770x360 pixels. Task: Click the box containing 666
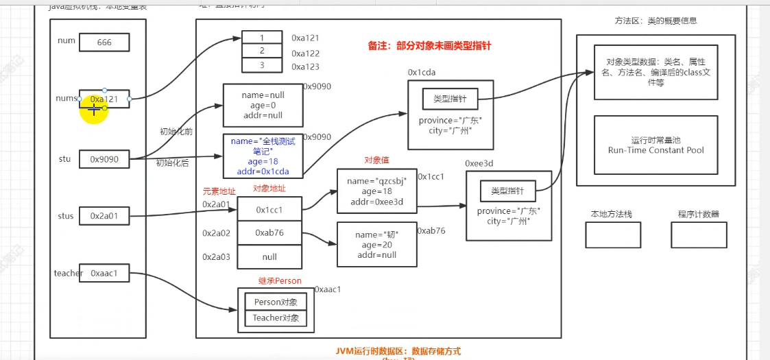point(104,43)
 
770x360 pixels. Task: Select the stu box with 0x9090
point(104,159)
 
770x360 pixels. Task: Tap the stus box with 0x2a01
point(104,216)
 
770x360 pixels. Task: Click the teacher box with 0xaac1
point(104,273)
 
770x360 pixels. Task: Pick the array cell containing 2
point(261,51)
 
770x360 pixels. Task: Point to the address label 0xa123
point(305,67)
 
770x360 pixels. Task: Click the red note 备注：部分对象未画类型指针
point(429,47)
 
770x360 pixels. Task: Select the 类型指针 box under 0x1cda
point(450,99)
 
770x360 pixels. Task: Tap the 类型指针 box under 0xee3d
point(508,190)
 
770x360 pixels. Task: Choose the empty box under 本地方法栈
point(612,235)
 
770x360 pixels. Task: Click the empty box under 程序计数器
point(699,235)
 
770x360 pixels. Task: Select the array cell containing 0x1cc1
point(269,209)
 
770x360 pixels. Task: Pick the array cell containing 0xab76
point(269,233)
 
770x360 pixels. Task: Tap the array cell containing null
point(269,256)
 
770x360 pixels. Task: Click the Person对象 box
point(276,302)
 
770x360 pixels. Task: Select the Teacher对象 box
point(276,317)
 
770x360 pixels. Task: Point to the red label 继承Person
point(280,281)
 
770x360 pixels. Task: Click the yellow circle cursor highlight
point(94,110)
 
